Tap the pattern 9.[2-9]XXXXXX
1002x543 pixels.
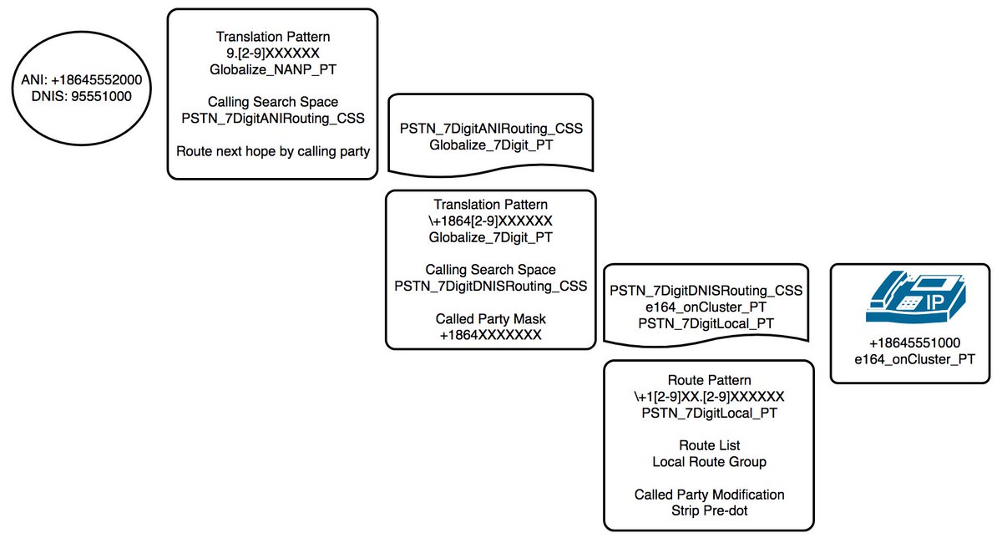pyautogui.click(x=271, y=53)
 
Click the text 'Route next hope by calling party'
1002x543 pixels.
pyautogui.click(x=271, y=151)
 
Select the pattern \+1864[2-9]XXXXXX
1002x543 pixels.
pyautogui.click(x=490, y=221)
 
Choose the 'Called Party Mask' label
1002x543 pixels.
pyautogui.click(x=490, y=319)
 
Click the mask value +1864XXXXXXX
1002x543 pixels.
pyautogui.click(x=490, y=335)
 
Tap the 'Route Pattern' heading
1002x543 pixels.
pyautogui.click(x=708, y=380)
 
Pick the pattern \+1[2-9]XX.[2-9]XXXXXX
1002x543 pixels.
pyautogui.click(x=708, y=396)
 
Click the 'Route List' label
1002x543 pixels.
pyautogui.click(x=708, y=445)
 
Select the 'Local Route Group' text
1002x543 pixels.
pyautogui.click(x=708, y=461)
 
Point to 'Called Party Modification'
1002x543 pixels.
pyautogui.click(x=708, y=494)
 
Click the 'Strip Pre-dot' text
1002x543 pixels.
pyautogui.click(x=708, y=510)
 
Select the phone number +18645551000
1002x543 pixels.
pyautogui.click(x=913, y=343)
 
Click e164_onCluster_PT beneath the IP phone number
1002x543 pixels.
pyautogui.click(x=913, y=359)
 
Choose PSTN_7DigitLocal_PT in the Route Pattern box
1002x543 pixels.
pyautogui.click(x=708, y=412)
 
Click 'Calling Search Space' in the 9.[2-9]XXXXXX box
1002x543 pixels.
pyautogui.click(x=271, y=102)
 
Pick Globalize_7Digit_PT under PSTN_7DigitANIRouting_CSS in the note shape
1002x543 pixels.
pyautogui.click(x=490, y=145)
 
